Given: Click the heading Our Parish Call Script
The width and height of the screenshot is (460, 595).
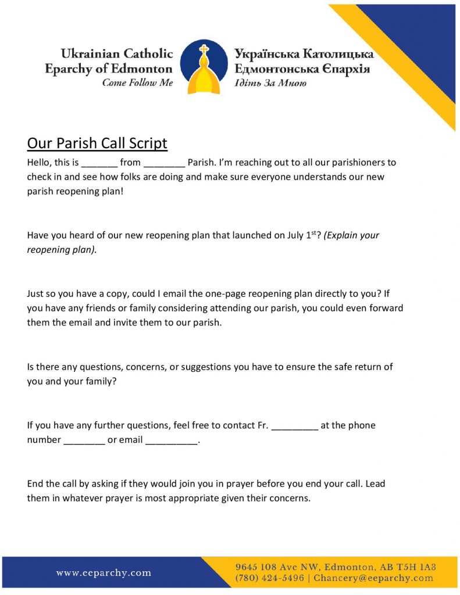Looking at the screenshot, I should pos(97,144).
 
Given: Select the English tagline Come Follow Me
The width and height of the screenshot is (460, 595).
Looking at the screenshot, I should pos(137,83).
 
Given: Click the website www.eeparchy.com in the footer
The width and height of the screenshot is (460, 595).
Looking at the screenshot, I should pos(104,573).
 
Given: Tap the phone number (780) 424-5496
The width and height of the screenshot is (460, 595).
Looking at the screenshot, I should pos(269,578).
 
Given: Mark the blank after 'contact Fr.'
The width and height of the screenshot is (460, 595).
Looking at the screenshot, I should pos(295,426).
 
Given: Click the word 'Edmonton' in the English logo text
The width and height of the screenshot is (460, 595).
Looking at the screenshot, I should pos(148,69).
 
